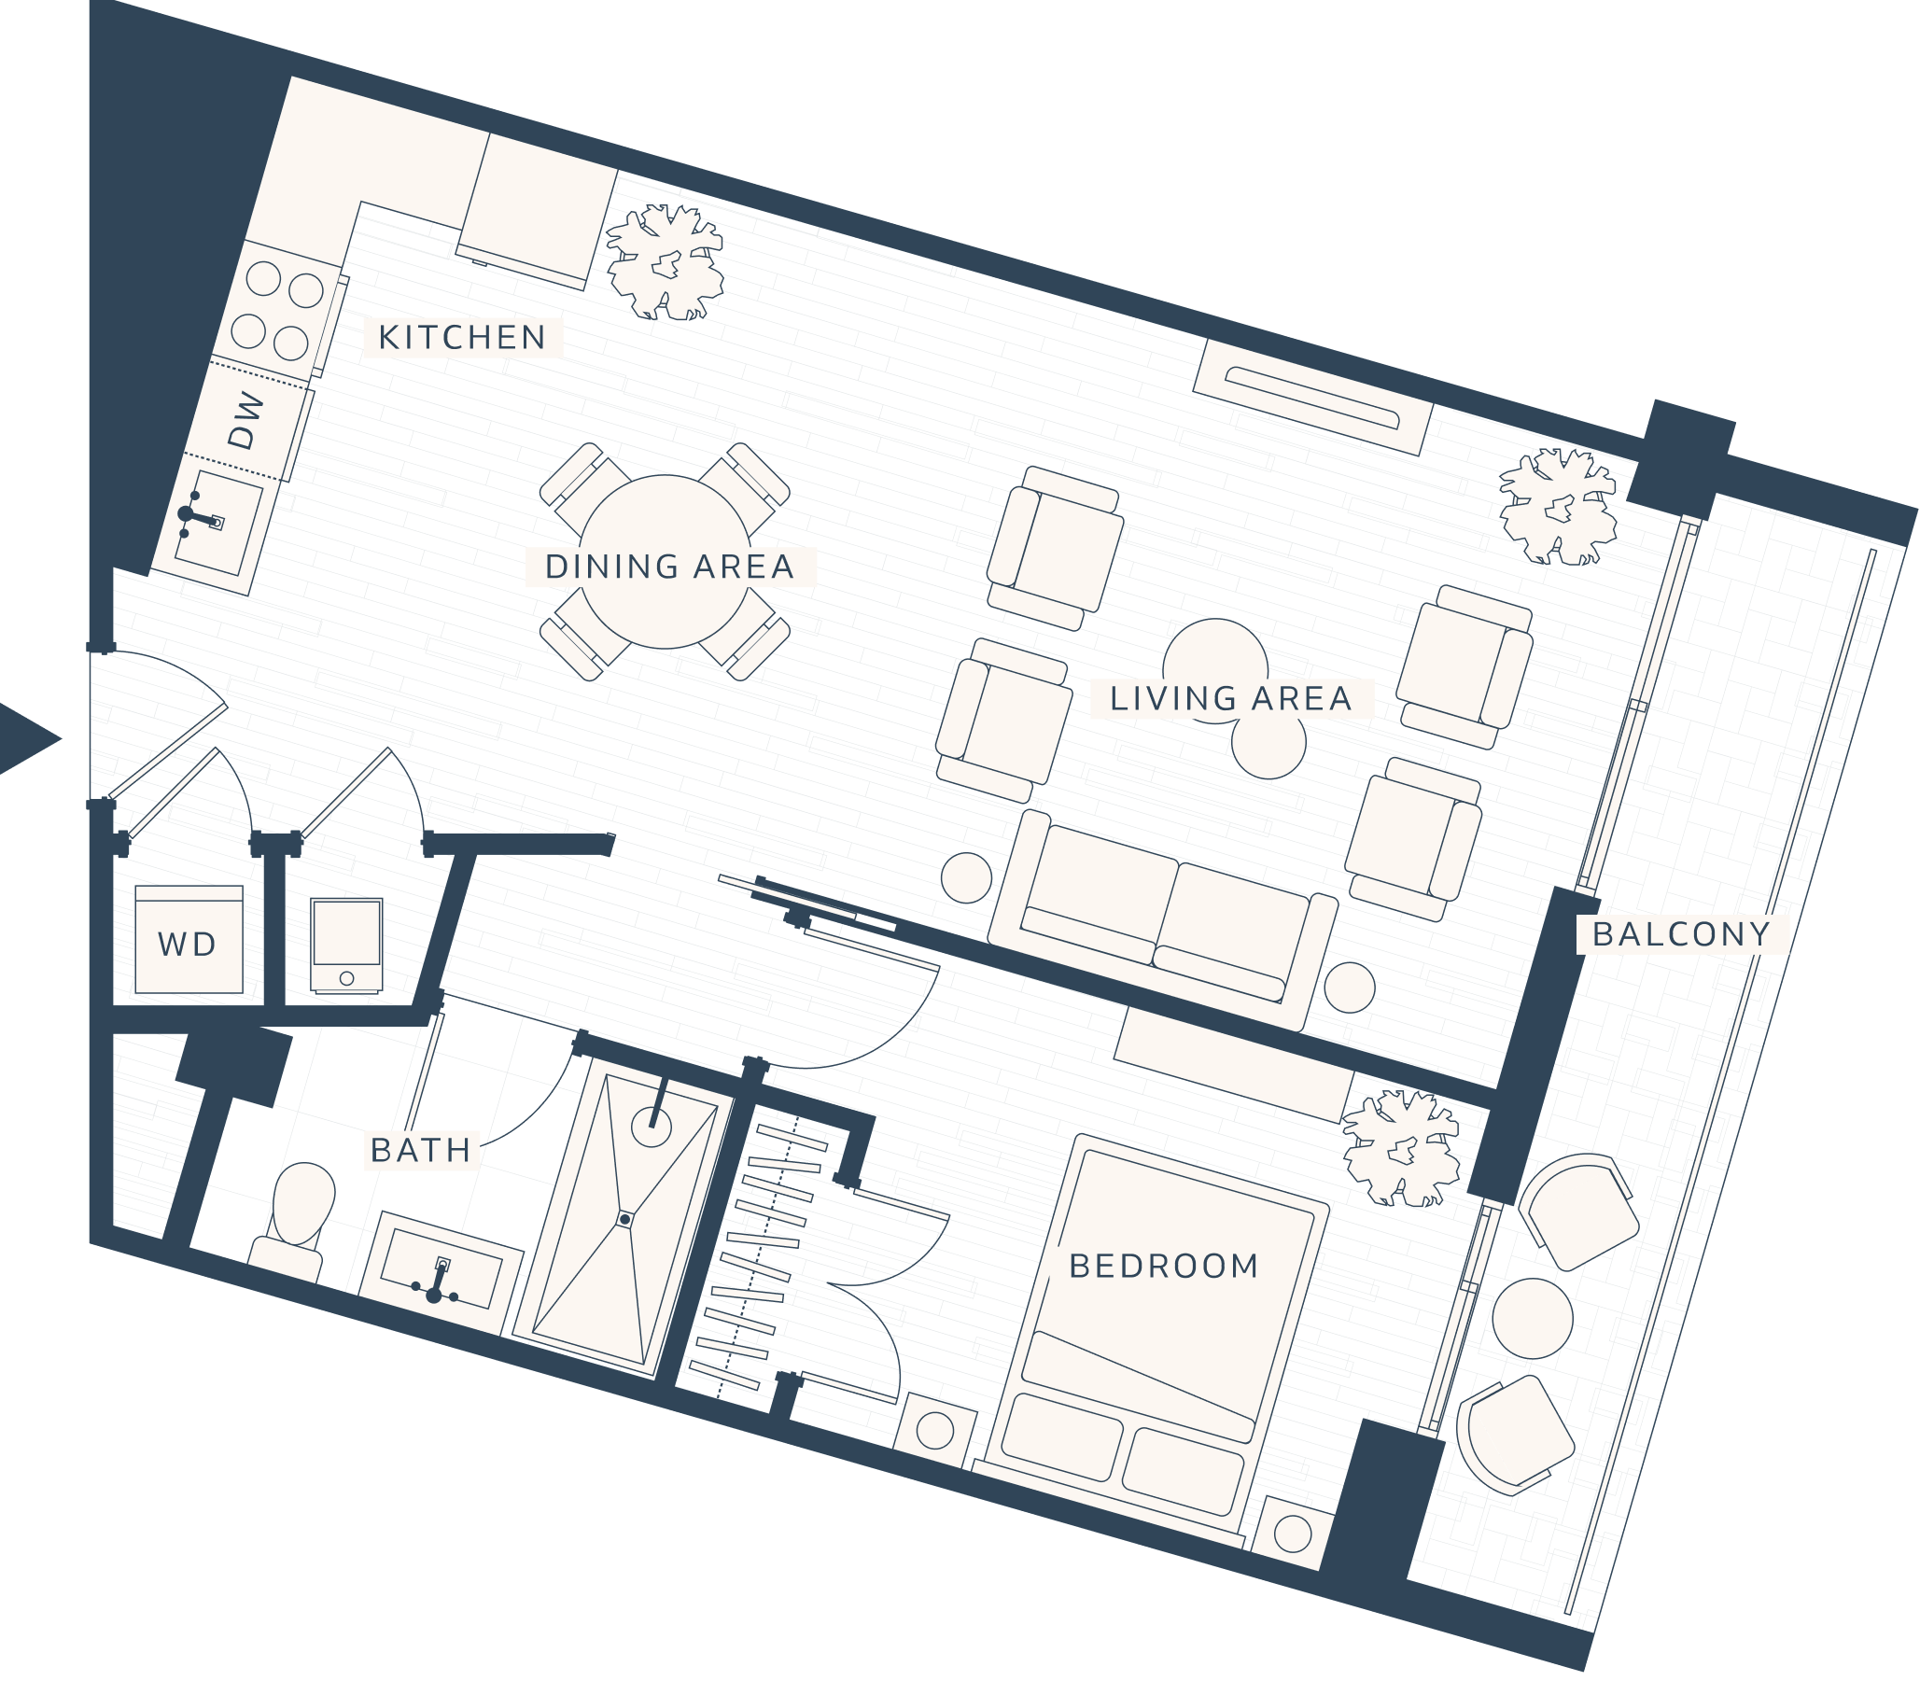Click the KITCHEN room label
462,338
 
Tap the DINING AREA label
669,567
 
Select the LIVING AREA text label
1230,699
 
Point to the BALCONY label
1682,934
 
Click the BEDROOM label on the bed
1164,1267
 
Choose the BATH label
421,1150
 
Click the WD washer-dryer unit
189,941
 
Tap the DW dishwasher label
246,419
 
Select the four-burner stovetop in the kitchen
278,308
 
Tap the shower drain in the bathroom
624,1220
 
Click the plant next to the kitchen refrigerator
665,262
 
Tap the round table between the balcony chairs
1533,1318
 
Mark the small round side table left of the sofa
966,878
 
